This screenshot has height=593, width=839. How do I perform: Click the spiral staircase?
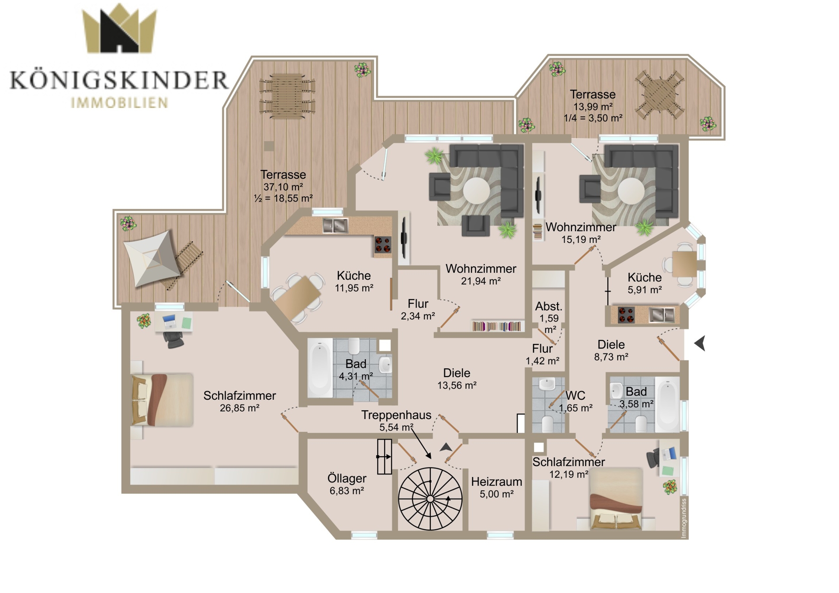pos(430,499)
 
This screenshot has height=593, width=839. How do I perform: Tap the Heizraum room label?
pos(496,482)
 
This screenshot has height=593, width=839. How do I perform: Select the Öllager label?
pos(347,479)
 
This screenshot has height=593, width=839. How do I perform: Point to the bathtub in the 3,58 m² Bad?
pos(667,404)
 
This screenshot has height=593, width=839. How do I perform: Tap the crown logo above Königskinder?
pos(119,28)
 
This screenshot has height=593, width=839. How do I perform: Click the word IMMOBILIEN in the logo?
pos(119,103)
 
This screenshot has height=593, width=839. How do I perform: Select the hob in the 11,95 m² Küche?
pos(383,245)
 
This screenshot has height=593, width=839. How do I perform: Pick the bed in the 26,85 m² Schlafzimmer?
pos(162,400)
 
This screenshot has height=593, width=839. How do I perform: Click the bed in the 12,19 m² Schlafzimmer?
pos(616,499)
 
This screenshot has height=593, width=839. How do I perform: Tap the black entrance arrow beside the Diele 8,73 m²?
pos(700,343)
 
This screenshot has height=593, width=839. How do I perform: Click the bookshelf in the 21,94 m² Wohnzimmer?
pos(497,326)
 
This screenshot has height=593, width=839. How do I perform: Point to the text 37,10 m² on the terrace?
pos(283,187)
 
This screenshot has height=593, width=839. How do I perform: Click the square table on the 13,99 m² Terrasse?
pos(660,95)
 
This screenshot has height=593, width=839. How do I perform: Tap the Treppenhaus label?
pos(396,415)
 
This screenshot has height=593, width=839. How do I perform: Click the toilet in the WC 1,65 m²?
pos(547,423)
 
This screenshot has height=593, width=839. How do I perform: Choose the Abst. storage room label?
pos(549,306)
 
